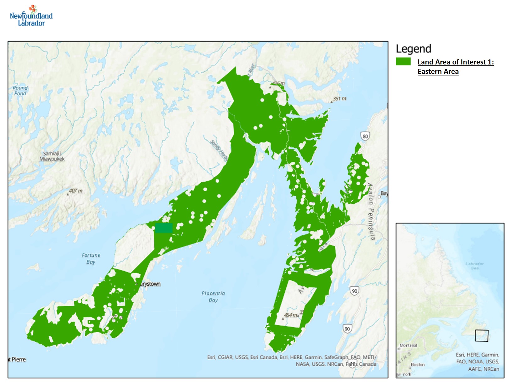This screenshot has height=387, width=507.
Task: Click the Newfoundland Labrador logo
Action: pos(31,16)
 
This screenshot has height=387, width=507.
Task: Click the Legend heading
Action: pos(413,49)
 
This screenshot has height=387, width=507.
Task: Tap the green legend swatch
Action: pos(403,62)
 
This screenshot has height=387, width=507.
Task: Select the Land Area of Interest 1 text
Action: pos(455,62)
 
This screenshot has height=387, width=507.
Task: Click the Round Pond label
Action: pos(20,91)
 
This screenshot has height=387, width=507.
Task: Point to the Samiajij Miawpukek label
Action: pos(52,156)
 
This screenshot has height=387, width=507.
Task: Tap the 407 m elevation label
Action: pos(75,191)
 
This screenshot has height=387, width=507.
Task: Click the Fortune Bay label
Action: pos(91,258)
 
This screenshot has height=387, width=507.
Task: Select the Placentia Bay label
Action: pos(213,296)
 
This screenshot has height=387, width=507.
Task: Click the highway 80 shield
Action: pos(365,136)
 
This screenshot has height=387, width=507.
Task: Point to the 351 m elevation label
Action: pos(339,99)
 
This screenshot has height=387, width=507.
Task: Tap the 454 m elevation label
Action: pos(290,315)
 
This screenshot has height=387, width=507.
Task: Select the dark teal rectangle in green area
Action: pos(164,228)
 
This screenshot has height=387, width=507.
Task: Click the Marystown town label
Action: pos(150,284)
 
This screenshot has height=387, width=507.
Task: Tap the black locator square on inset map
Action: pos(481,335)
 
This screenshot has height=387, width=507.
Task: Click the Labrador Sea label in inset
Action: pos(474,266)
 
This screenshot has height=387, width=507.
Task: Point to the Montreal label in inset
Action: pos(408,345)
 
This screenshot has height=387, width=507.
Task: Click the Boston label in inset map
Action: pos(417,365)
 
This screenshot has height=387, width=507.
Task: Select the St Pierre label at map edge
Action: pos(18,359)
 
